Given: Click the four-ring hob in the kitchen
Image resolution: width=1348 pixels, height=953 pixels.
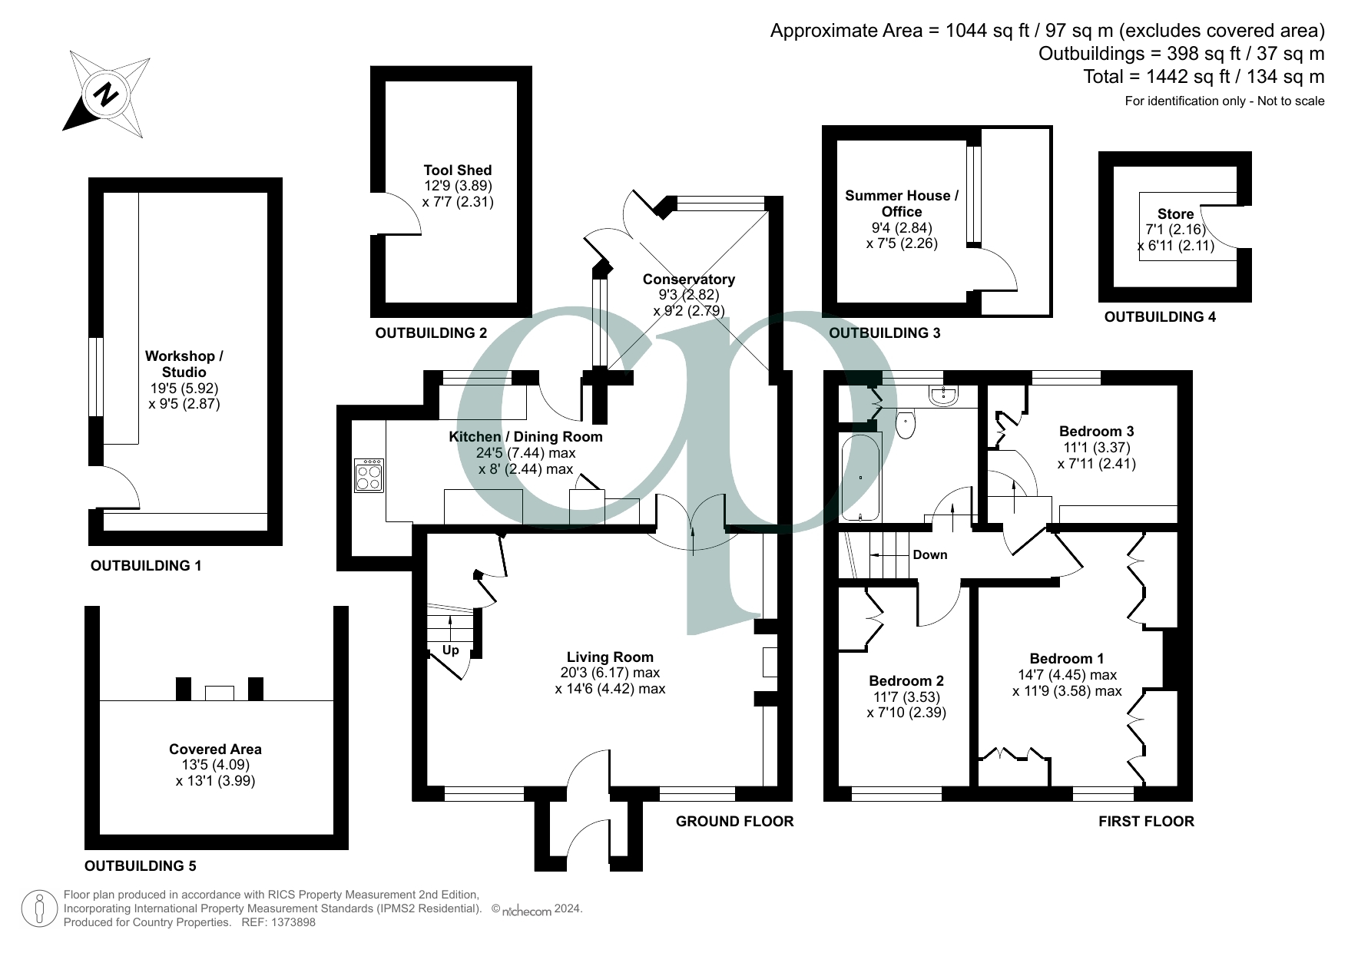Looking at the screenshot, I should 369,475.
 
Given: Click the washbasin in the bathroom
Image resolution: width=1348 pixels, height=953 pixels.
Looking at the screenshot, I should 942,395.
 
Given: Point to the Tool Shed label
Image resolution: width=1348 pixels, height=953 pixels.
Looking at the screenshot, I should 457,170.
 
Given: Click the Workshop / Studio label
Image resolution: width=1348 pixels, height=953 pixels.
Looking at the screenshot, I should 184,364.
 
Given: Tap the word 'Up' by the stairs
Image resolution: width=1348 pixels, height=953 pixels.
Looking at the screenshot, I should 451,650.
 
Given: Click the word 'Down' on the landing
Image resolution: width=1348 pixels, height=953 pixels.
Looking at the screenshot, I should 929,555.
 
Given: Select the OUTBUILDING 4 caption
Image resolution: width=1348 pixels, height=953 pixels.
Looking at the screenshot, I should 1159,317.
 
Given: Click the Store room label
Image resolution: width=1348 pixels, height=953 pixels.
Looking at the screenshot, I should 1175,214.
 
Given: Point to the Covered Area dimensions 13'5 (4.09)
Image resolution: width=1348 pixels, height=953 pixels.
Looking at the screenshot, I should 215,765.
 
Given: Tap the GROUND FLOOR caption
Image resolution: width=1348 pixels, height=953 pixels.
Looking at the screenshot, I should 734,822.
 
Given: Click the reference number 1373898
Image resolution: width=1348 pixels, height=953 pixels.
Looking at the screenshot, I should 290,922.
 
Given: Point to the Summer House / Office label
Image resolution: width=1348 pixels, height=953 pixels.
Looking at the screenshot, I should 901,204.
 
